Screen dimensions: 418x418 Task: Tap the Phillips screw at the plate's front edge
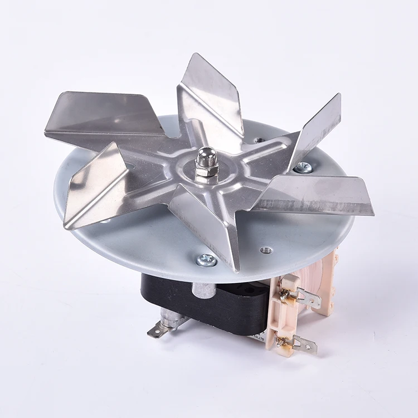pyautogui.click(x=207, y=259)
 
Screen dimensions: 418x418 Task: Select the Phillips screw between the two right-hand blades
pyautogui.click(x=303, y=167)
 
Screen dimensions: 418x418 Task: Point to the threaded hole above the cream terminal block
pyautogui.click(x=266, y=250)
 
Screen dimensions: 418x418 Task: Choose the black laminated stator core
pyautogui.click(x=223, y=307)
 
